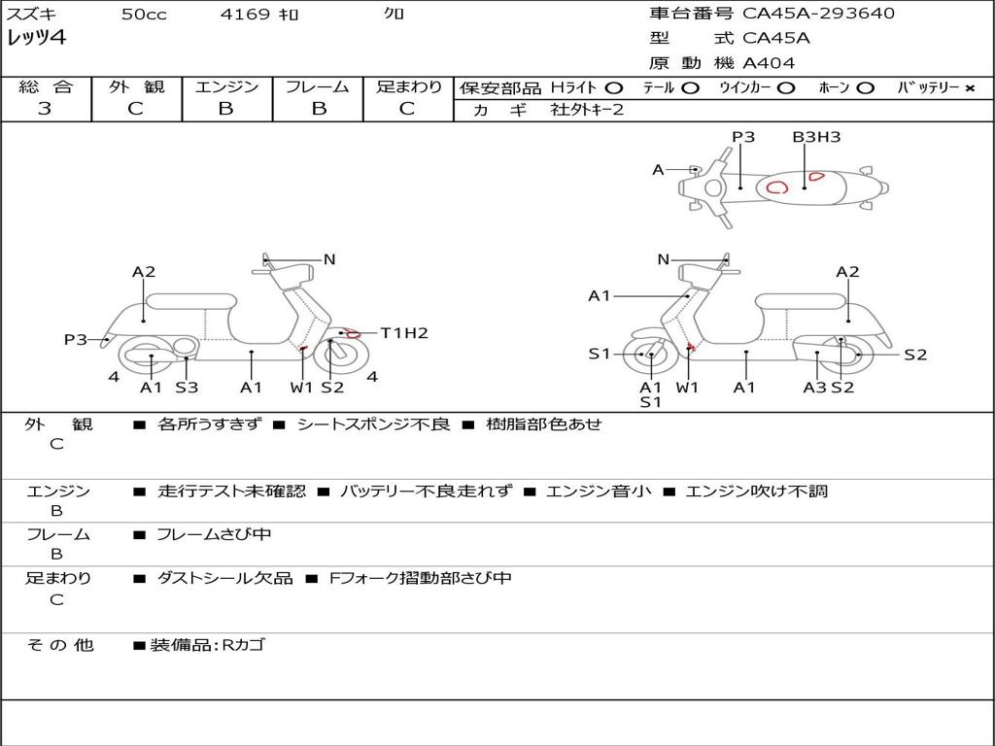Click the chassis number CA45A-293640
(x=818, y=14)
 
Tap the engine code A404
(x=769, y=63)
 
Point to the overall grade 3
(x=45, y=109)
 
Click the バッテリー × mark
(x=969, y=88)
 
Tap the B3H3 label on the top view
(x=816, y=137)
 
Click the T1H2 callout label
(x=404, y=333)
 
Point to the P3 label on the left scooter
(x=76, y=340)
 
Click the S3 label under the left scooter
(x=187, y=388)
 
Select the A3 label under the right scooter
(x=814, y=388)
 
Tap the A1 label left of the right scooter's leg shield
(x=600, y=296)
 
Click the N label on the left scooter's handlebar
(x=329, y=259)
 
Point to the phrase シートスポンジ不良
(x=373, y=424)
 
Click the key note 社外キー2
(x=587, y=110)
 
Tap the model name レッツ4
(x=37, y=39)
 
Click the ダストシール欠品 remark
(x=224, y=578)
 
